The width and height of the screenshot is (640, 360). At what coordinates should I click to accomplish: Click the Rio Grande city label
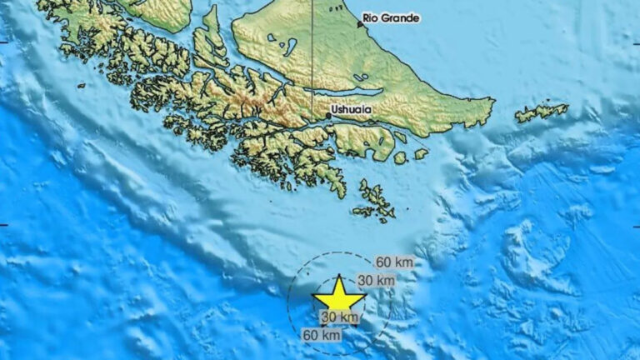392,18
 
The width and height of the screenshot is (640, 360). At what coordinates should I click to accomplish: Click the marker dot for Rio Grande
360,25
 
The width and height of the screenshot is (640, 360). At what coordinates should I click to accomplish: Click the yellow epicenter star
339,297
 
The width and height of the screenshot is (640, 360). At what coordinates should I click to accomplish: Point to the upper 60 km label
394,262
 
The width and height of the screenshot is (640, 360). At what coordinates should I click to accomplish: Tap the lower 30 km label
339,317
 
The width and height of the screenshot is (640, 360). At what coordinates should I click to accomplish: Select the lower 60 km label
322,335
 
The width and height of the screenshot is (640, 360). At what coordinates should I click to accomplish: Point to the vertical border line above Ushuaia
312,50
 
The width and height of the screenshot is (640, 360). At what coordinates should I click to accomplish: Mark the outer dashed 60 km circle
288,300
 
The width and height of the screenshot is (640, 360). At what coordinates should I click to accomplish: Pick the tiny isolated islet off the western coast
81,85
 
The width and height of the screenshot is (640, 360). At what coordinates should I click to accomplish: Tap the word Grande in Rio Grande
402,18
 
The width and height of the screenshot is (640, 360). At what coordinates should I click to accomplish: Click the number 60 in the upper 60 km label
383,262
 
